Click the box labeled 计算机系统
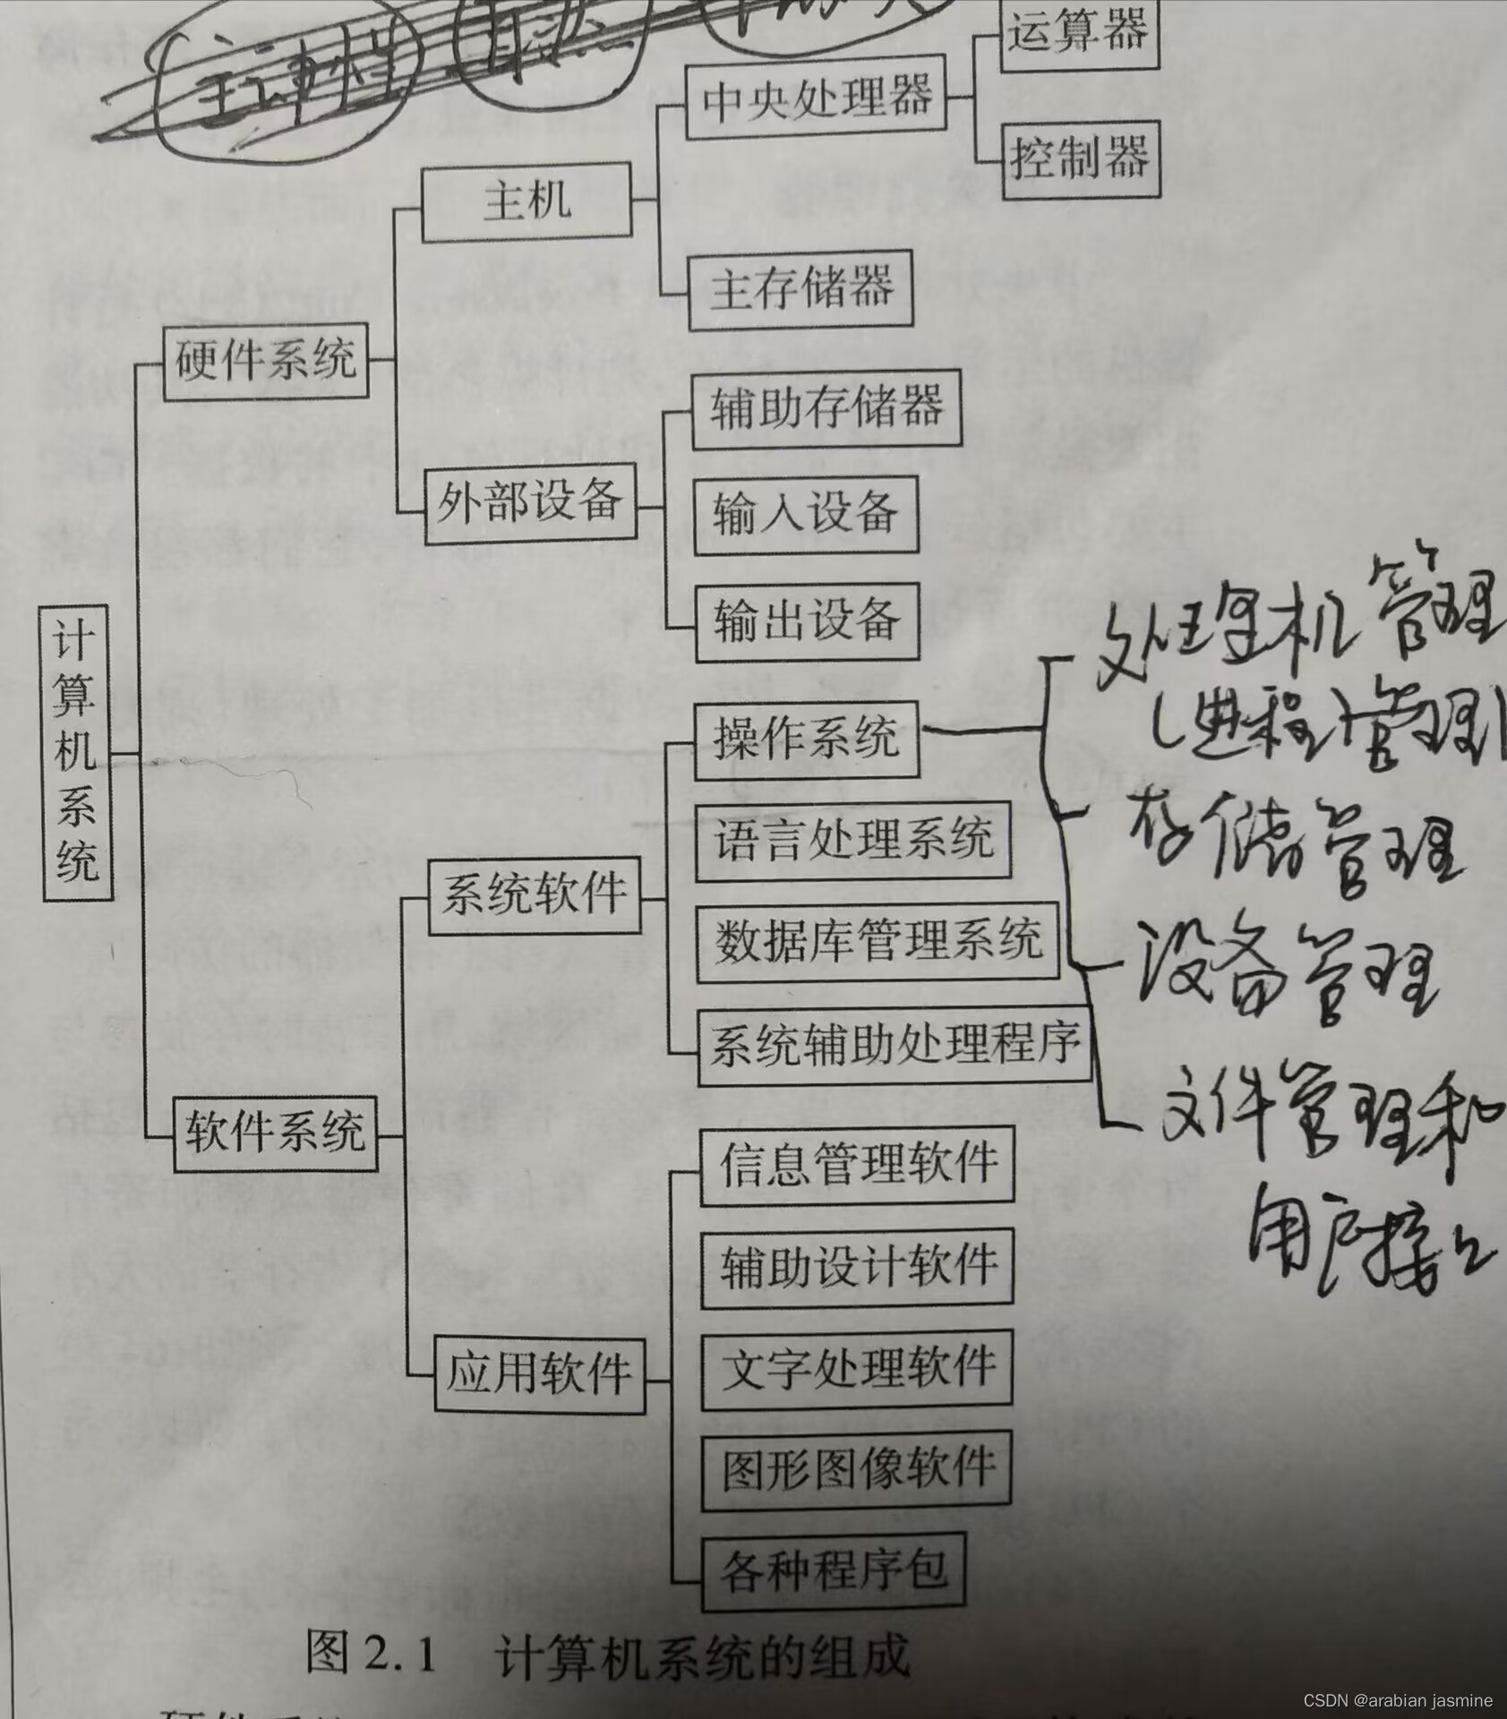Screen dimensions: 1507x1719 [x=77, y=752]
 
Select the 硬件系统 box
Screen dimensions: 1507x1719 [x=266, y=361]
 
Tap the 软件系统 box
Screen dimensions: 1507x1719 [x=275, y=1133]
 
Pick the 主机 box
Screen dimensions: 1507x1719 [x=527, y=201]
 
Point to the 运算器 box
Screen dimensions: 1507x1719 [x=1078, y=32]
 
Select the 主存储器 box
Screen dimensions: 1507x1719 [x=801, y=289]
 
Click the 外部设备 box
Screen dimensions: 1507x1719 [x=529, y=502]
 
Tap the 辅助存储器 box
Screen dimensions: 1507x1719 [x=826, y=407]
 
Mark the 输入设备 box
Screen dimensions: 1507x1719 [x=806, y=514]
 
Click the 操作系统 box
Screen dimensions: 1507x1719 [x=806, y=740]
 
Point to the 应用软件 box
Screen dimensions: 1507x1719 [x=539, y=1373]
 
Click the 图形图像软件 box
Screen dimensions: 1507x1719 [x=857, y=1469]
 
